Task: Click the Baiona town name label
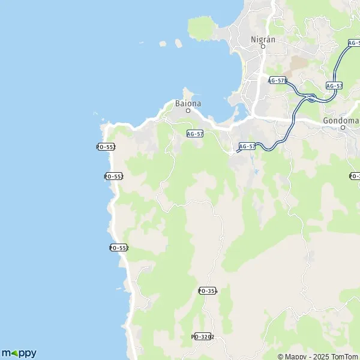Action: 188,103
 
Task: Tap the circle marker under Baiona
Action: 188,111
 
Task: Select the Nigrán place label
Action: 262,40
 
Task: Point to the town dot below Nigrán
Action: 262,47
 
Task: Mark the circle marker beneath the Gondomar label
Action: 343,127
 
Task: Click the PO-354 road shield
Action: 207,291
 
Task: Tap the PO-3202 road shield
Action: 202,337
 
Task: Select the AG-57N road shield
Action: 278,80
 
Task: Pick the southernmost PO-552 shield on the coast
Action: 119,248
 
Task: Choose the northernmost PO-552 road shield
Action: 106,147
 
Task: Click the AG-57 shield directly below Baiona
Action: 195,134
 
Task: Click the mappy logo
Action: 19,353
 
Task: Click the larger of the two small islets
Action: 178,43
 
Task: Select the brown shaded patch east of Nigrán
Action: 298,64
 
